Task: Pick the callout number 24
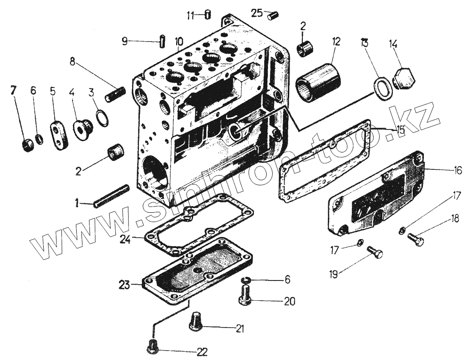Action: (x=124, y=240)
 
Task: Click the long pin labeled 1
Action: (x=111, y=196)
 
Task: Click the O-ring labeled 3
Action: (x=101, y=119)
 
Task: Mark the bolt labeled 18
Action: (x=416, y=240)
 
